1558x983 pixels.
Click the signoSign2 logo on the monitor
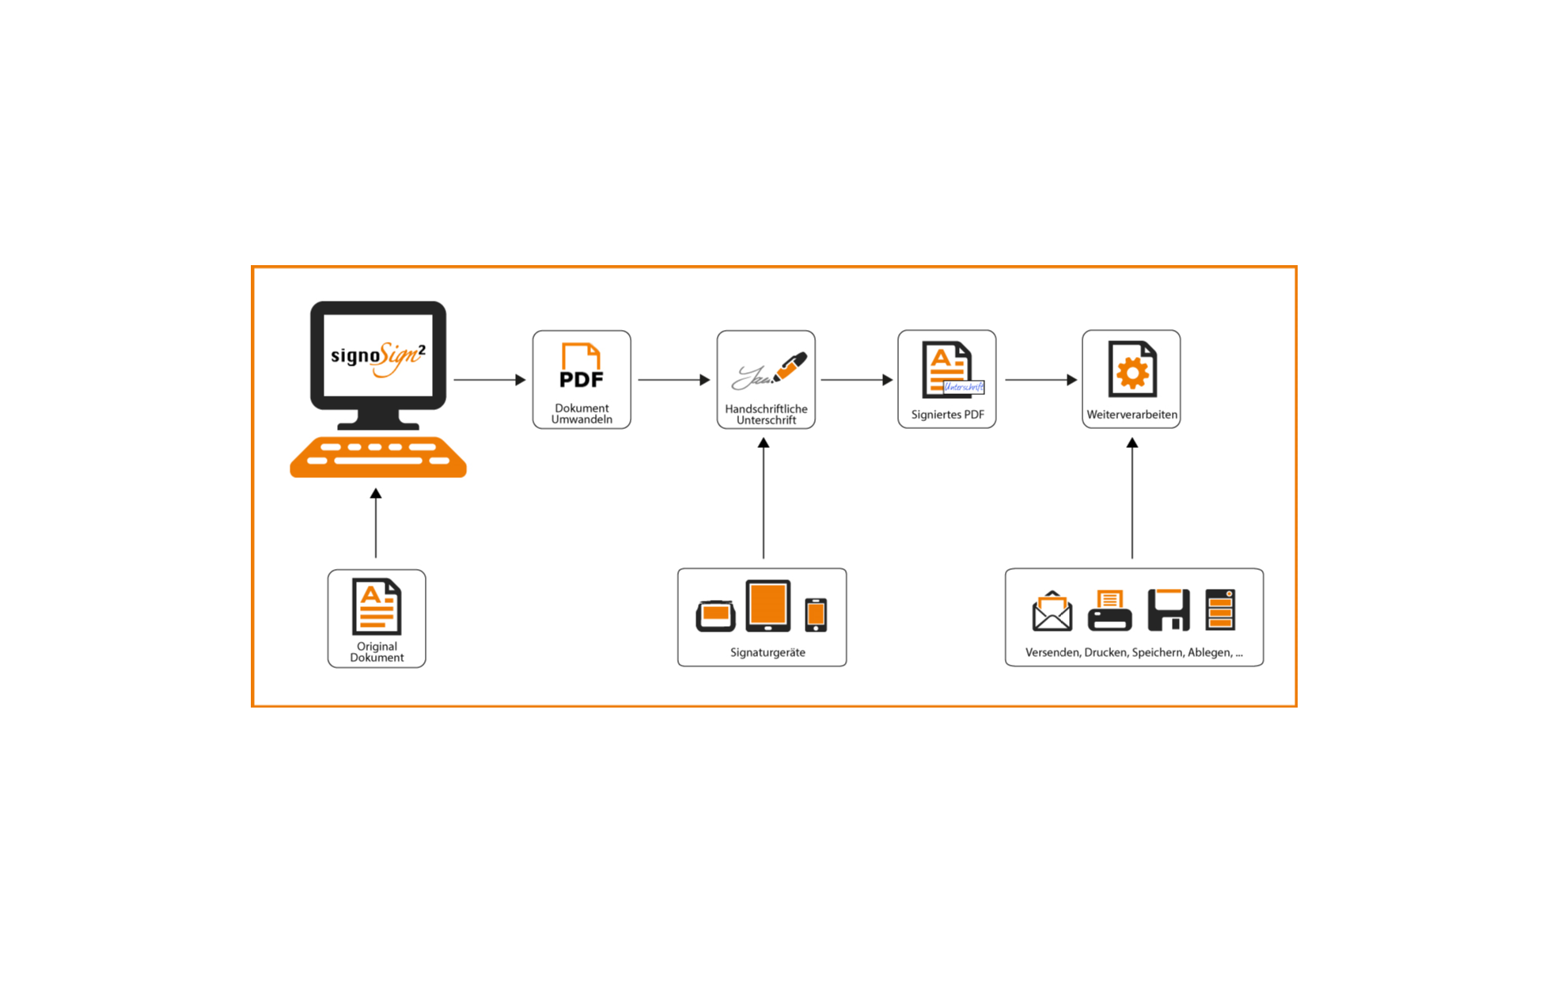(378, 357)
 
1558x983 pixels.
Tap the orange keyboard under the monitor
(378, 457)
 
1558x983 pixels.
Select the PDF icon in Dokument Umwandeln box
(582, 366)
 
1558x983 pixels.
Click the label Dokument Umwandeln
(582, 414)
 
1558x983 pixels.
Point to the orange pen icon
(790, 366)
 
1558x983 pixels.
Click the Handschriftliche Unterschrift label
(766, 415)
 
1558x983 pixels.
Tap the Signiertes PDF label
(947, 415)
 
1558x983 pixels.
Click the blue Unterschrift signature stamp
(964, 387)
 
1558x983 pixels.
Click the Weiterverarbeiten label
(1132, 415)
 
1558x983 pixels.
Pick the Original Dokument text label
(377, 652)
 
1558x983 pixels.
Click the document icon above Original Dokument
(377, 607)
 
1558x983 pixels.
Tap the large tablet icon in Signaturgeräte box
(768, 605)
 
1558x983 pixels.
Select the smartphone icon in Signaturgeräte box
(816, 615)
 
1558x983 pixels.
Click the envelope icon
(1052, 611)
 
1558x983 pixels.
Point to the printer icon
(1109, 611)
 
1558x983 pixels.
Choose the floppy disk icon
(1169, 609)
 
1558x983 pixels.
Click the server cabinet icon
(1220, 609)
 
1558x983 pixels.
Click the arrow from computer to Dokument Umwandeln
(489, 380)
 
